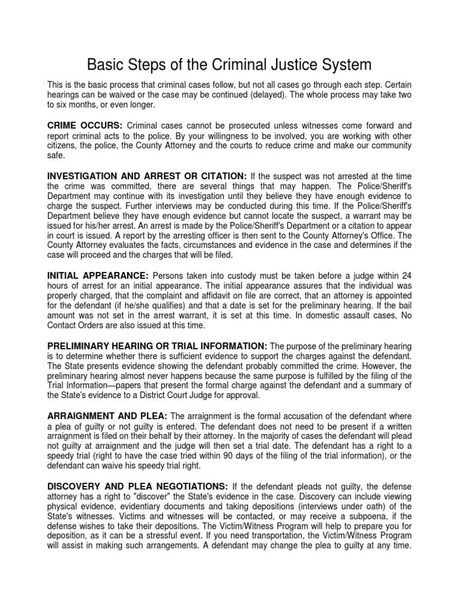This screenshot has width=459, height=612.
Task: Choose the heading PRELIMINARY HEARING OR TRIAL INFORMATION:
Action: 157,347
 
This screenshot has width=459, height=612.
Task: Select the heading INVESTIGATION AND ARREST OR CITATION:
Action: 146,176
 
